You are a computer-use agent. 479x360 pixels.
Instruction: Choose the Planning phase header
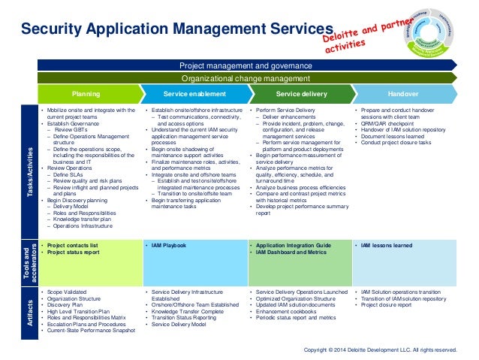[x=88, y=94]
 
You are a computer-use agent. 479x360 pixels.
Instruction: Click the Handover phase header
[x=403, y=94]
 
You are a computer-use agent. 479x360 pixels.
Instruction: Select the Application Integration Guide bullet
[x=291, y=245]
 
